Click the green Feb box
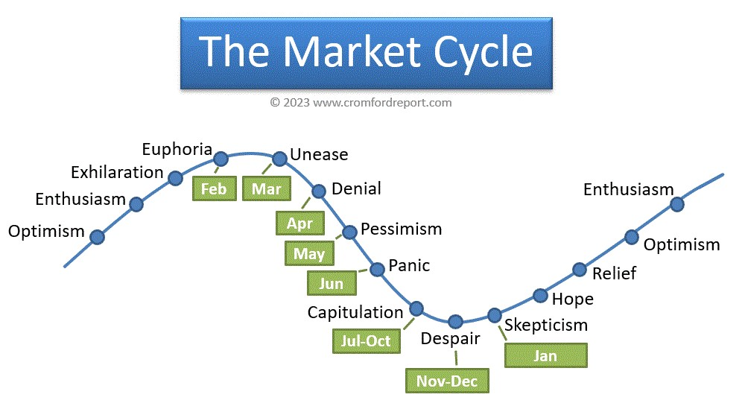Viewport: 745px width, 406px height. [x=215, y=188]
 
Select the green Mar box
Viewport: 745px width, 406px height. [x=267, y=188]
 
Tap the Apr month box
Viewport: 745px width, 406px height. [x=300, y=223]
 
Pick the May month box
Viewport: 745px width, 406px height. [x=309, y=253]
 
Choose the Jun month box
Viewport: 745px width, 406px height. [x=332, y=283]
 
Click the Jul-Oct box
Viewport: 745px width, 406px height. [x=367, y=341]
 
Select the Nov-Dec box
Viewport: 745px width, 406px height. [x=447, y=381]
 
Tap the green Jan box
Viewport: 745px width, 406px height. [x=546, y=355]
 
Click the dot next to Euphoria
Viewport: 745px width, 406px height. [x=221, y=159]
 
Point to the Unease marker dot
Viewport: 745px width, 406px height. [x=280, y=158]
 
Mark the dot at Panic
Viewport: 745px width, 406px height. [x=377, y=269]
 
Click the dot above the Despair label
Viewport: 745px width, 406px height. [x=456, y=322]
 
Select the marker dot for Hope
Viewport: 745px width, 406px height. [x=540, y=296]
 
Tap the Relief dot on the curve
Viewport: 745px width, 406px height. [x=580, y=270]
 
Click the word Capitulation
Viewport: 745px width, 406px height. [x=355, y=312]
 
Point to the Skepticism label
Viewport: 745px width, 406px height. [x=546, y=326]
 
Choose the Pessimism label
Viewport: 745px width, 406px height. [x=402, y=229]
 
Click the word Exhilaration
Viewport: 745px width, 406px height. [x=117, y=172]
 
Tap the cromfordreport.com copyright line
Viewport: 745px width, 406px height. [x=361, y=103]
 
